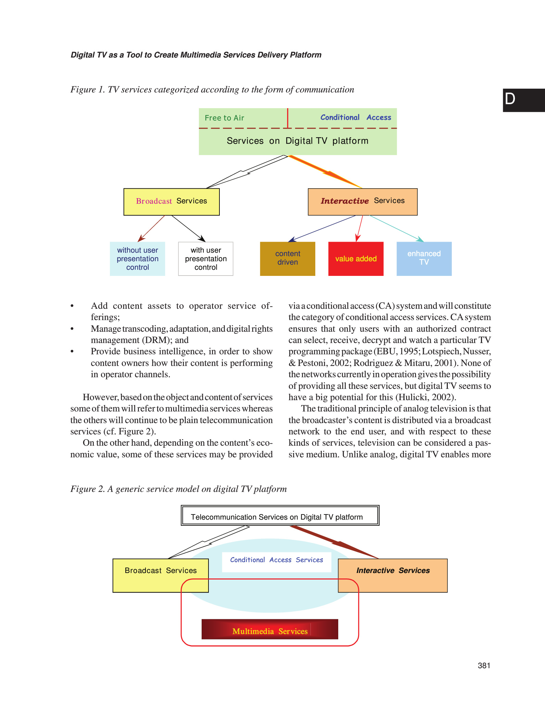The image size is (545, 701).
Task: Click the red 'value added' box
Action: (356, 259)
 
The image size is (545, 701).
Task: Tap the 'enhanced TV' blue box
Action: (424, 259)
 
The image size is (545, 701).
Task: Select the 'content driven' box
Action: (288, 259)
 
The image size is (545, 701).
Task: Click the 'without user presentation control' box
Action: (137, 259)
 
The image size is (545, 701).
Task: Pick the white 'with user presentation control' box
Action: (206, 259)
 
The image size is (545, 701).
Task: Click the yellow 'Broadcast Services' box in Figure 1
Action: (172, 202)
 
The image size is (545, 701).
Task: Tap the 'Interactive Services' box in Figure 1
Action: (363, 202)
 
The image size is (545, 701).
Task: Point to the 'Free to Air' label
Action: (224, 118)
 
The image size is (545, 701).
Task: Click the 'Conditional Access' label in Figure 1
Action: (356, 117)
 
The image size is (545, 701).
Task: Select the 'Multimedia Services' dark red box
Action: (270, 629)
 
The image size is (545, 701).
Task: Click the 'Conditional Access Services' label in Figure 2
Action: (277, 560)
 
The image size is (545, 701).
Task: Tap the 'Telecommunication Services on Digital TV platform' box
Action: (280, 515)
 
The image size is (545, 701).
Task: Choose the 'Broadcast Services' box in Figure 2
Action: (161, 575)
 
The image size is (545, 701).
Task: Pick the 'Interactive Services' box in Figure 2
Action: (393, 575)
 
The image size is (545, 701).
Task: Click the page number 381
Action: (484, 666)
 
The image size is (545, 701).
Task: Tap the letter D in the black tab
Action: (510, 99)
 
